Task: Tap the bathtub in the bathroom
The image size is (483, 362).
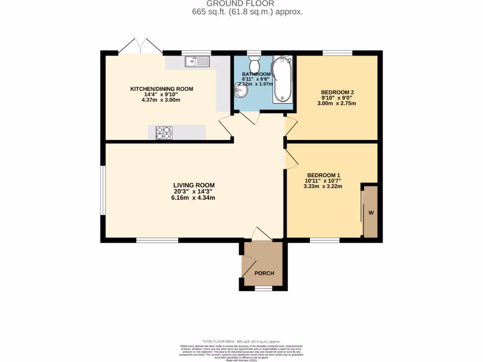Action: pyautogui.click(x=282, y=79)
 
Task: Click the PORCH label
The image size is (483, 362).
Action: pyautogui.click(x=264, y=273)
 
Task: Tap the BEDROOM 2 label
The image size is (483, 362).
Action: pyautogui.click(x=337, y=92)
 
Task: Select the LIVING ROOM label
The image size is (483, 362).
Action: pyautogui.click(x=194, y=185)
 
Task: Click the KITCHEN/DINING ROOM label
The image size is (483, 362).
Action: pyautogui.click(x=162, y=89)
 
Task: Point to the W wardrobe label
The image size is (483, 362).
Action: pyautogui.click(x=371, y=213)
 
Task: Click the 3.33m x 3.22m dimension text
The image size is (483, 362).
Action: pyautogui.click(x=323, y=186)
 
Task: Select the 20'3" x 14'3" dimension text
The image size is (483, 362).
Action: pyautogui.click(x=194, y=191)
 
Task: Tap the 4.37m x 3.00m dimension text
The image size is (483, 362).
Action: pyautogui.click(x=161, y=100)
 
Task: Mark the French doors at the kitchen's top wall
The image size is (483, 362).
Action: pyautogui.click(x=141, y=46)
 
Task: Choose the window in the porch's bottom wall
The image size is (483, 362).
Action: pyautogui.click(x=263, y=287)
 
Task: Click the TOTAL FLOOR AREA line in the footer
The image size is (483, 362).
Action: pyautogui.click(x=241, y=341)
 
